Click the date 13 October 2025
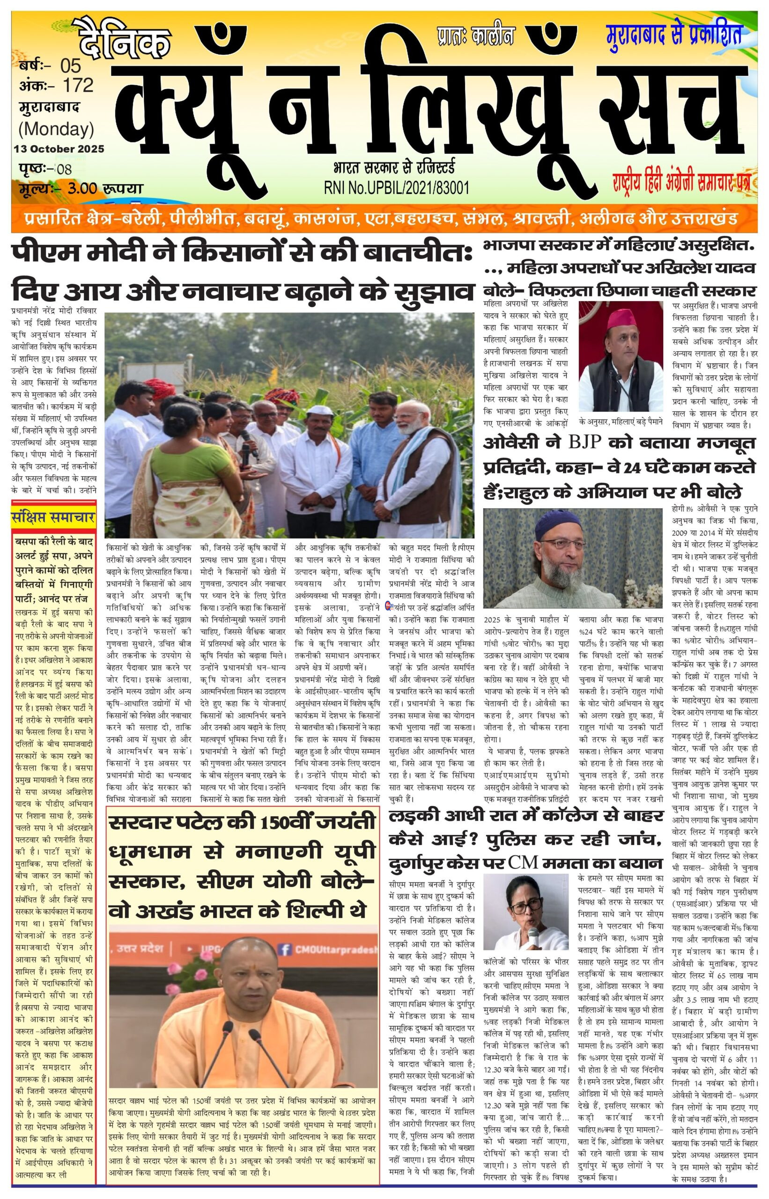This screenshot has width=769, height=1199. tap(59, 149)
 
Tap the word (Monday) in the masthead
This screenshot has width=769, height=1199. tap(56, 129)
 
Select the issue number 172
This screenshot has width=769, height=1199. tap(78, 85)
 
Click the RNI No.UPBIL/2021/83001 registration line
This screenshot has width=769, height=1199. tap(397, 188)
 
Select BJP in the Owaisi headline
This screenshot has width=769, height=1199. tap(585, 443)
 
